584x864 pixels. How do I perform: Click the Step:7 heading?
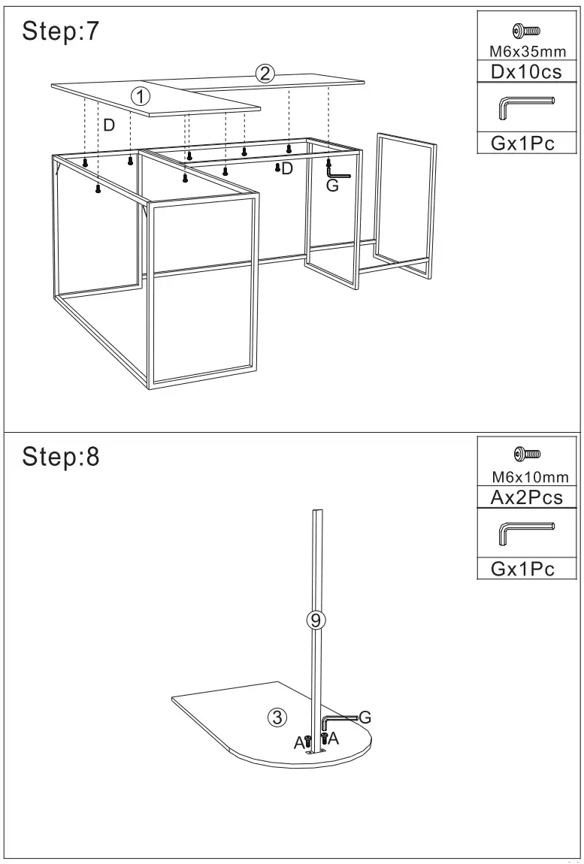tap(61, 32)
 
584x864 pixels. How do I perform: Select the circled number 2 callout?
tap(264, 73)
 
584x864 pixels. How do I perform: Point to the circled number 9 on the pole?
tap(316, 620)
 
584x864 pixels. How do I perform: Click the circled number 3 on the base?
tap(277, 717)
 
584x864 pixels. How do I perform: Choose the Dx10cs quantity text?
tap(526, 73)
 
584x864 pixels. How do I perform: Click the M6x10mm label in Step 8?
tap(530, 477)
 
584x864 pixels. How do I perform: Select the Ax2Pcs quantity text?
tap(526, 497)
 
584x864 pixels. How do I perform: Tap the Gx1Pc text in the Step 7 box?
tap(523, 143)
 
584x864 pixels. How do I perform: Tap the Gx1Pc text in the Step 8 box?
tap(523, 569)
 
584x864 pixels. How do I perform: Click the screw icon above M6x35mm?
tap(526, 31)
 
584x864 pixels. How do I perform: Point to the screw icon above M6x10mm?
tap(526, 454)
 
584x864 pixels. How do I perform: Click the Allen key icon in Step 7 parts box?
tap(526, 107)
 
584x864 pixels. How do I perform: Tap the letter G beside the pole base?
tap(365, 716)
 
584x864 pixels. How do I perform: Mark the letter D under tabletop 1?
tap(109, 125)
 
